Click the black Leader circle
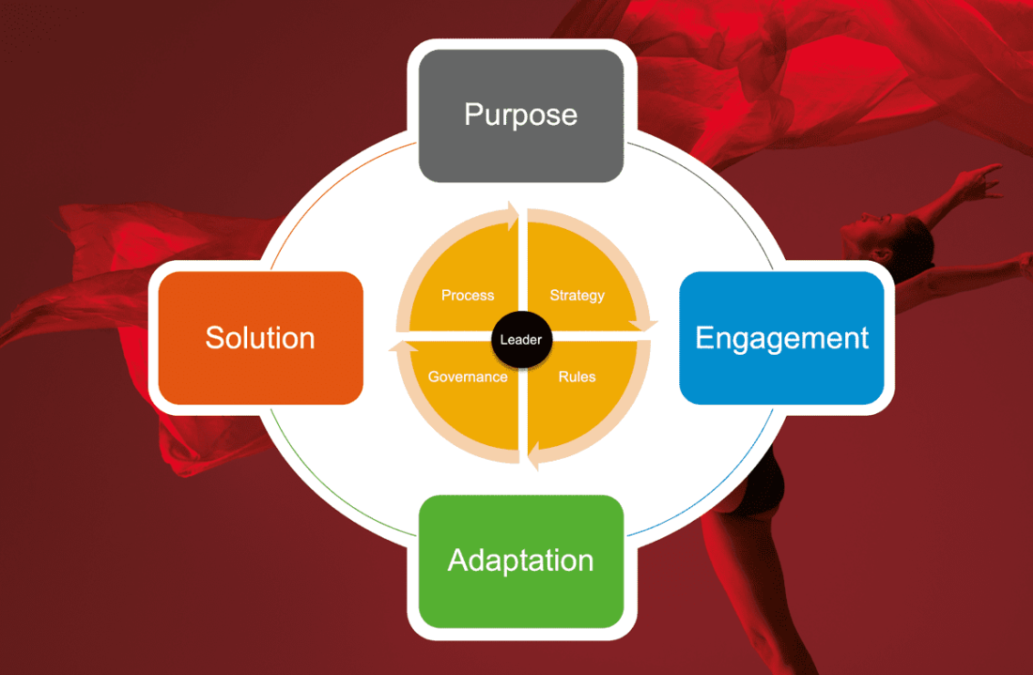pos(520,339)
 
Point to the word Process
pos(468,295)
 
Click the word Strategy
pos(577,295)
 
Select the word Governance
pos(468,376)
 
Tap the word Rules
pos(577,376)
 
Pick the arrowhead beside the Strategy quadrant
pos(646,324)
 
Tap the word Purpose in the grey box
pos(520,115)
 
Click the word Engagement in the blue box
pos(781,338)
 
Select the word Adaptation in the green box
pos(520,560)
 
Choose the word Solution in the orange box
pos(260,338)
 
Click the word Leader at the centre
pos(520,340)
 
